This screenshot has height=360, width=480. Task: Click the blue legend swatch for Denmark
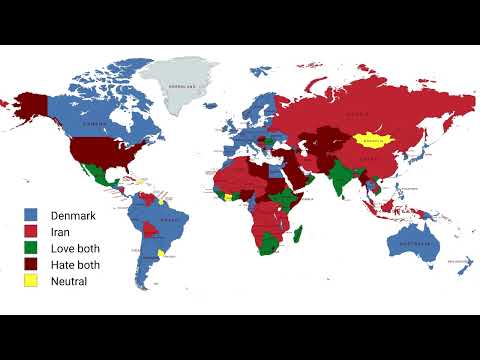click(31, 215)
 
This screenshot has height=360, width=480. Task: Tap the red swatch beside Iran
click(31, 232)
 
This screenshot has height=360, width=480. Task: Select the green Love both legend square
click(31, 248)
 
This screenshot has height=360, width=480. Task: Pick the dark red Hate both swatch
click(31, 265)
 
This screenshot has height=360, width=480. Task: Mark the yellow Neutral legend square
click(31, 281)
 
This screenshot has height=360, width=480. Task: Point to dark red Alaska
click(33, 104)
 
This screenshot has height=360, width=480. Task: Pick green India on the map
click(341, 179)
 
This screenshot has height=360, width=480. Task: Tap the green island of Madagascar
click(297, 236)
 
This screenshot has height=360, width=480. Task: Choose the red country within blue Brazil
click(150, 231)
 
